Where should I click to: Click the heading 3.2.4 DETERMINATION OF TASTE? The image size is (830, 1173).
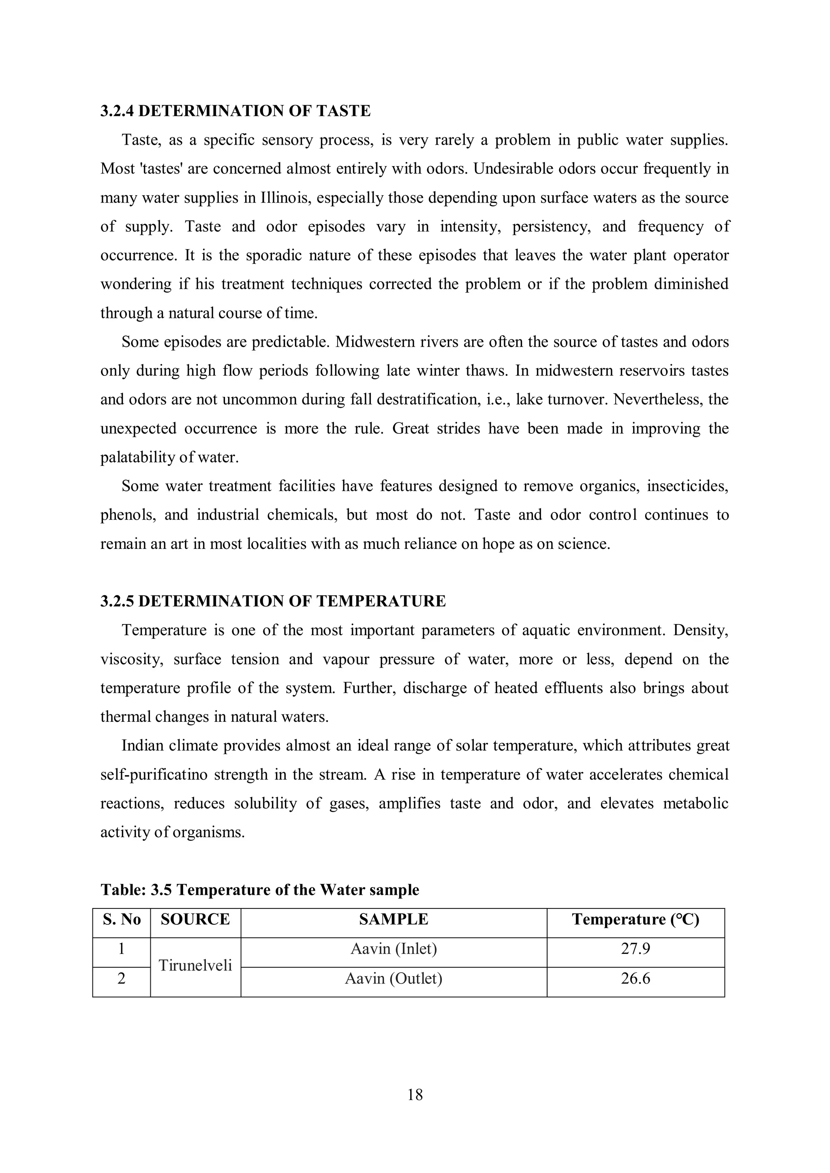click(x=235, y=111)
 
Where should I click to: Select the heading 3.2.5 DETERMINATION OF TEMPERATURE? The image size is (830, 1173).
click(x=273, y=601)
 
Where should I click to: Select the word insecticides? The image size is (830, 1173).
click(x=687, y=486)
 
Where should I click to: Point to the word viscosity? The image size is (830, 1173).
click(x=131, y=659)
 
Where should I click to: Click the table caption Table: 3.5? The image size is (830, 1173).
click(x=260, y=890)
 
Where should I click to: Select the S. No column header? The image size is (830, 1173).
click(x=122, y=919)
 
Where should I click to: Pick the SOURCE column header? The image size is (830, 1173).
click(x=195, y=919)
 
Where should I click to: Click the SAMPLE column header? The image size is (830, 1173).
click(x=394, y=919)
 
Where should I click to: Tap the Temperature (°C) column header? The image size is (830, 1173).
click(x=635, y=919)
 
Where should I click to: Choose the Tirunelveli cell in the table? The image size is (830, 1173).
click(x=195, y=965)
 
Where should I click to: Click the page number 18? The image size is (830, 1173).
click(x=415, y=1095)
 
